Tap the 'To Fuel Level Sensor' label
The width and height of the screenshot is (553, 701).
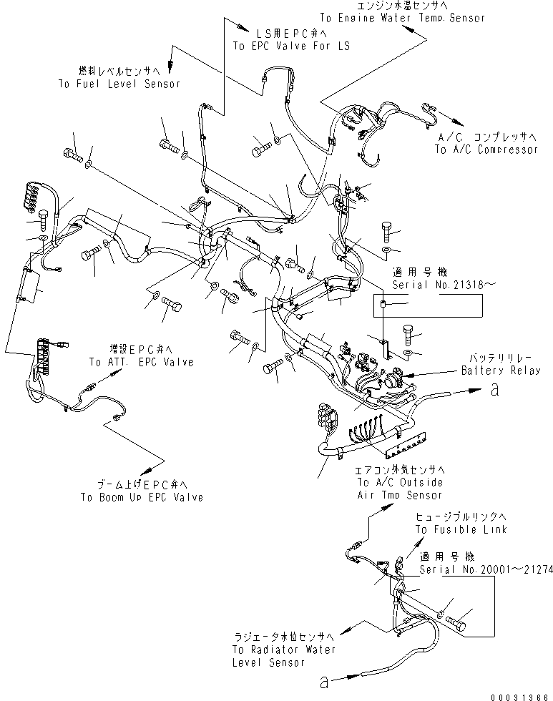[x=119, y=84]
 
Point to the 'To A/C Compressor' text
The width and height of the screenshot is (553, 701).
[x=486, y=150]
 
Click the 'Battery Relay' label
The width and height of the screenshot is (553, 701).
[x=501, y=371]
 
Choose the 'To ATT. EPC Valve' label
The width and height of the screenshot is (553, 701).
[x=141, y=363]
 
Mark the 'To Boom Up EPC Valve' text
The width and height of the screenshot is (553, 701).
[x=141, y=497]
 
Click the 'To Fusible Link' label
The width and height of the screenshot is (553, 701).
[x=461, y=529]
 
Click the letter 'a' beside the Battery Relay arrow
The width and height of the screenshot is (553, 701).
[x=494, y=391]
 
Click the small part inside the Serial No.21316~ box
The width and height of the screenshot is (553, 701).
[x=383, y=305]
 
